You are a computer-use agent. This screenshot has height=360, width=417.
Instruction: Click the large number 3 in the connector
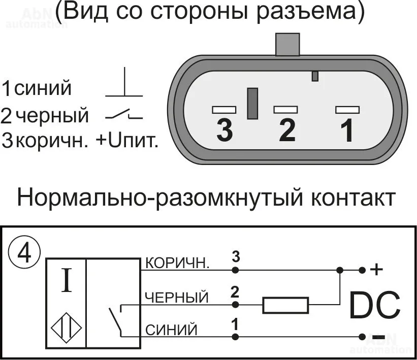point(224,130)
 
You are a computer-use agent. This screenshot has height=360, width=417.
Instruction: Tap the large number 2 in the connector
point(287,130)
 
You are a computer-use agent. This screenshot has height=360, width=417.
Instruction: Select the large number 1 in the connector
point(347,130)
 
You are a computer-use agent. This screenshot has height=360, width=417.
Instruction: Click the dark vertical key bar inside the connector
point(252,104)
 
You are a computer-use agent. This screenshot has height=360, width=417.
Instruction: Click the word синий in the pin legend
point(43,89)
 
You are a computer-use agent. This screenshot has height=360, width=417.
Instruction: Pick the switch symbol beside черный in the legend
point(124,116)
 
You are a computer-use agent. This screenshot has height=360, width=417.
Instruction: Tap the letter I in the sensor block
point(66,282)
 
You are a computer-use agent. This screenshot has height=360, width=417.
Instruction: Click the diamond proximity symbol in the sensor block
point(66,327)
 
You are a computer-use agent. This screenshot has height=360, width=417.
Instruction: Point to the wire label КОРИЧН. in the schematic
point(177,263)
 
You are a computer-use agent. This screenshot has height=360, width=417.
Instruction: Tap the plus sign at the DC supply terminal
point(376,270)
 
